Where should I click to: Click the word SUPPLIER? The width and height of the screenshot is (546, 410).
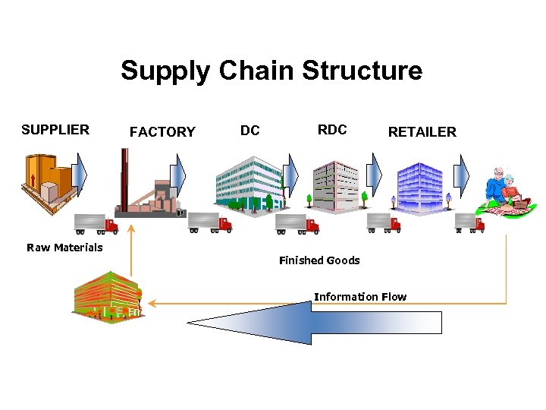55,130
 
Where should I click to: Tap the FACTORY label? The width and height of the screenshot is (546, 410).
162,132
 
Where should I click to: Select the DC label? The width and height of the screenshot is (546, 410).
249,131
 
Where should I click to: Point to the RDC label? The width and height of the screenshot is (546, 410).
332,130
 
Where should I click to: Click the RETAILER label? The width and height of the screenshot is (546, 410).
422,132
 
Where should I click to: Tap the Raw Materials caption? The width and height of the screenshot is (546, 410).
64,248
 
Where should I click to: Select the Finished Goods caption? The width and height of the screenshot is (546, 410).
319,260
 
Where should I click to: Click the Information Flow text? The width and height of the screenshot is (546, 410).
360,297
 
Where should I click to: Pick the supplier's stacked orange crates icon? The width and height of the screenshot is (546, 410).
48,181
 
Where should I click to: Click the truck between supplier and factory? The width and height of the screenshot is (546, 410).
96,223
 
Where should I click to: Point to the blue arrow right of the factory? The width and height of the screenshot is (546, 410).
177,176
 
